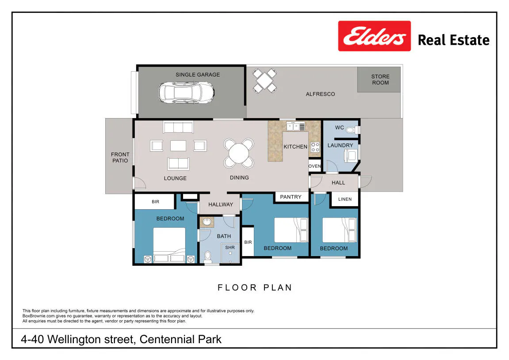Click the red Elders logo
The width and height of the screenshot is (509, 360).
tap(374, 36)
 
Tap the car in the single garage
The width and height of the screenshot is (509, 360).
tap(186, 92)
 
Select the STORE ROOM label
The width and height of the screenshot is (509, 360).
tap(380, 80)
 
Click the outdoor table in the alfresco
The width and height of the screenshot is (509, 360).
tap(264, 80)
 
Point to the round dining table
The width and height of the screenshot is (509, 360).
tap(239, 153)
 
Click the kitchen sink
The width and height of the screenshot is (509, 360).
tap(295, 126)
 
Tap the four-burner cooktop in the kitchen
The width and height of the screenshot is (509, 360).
tap(315, 147)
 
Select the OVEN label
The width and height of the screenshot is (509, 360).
tap(314, 166)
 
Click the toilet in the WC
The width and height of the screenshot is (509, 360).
tap(353, 130)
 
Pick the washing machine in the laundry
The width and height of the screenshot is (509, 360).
tap(351, 156)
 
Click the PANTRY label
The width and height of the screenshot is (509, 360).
tap(291, 197)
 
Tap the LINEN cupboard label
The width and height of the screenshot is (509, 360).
tap(345, 199)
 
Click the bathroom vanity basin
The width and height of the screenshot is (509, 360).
tap(207, 222)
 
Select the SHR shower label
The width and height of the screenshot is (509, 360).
tap(230, 247)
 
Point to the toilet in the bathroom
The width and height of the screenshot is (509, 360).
tap(208, 257)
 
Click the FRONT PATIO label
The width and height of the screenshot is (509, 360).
tap(120, 157)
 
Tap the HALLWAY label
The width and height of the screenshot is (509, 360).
tap(221, 204)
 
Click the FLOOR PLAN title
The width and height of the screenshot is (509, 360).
tap(255, 287)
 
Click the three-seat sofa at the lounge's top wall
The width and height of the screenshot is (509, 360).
tap(178, 127)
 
